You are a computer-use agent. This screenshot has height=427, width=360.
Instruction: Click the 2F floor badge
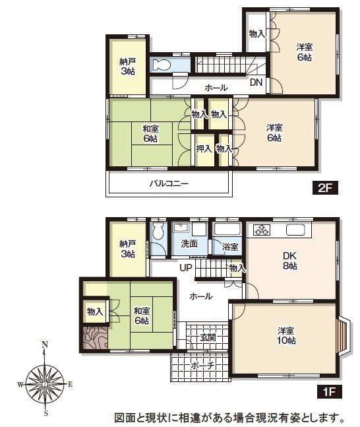pos(325,187)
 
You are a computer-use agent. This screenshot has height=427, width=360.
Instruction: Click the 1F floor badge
pos(329,391)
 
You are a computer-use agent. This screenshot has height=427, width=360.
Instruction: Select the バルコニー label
pos(169,183)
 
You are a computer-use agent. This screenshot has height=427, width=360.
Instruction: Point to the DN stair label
pos(256,82)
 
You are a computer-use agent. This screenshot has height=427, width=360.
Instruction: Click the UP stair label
pos(186,268)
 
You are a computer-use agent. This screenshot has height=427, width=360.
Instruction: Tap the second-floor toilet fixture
pos(162,65)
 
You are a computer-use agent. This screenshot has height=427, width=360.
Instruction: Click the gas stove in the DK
pos(262,230)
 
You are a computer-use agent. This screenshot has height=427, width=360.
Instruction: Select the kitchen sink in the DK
pos(295,230)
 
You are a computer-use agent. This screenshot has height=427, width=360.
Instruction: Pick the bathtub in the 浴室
pos(227,229)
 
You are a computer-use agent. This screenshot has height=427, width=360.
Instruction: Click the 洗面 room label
pos(189,244)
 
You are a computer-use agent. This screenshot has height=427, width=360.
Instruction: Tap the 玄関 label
pos(208,338)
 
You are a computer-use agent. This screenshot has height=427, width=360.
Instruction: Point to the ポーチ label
pos(202,365)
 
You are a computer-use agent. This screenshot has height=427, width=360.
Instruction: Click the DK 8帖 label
pos(290,261)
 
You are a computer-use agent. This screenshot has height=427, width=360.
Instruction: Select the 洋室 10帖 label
pos(286,335)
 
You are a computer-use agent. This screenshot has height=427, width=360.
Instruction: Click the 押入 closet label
pos(204,148)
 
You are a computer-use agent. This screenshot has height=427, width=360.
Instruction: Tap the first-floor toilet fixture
pos(158,231)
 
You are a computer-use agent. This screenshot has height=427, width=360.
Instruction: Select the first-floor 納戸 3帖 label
pos(128,249)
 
